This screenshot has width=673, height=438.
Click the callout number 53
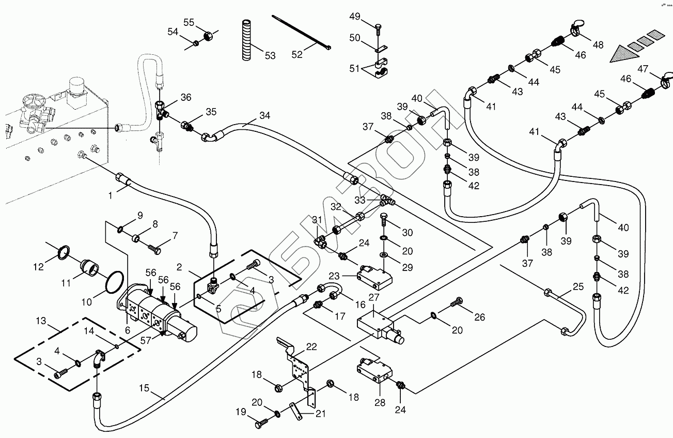coord(270,55)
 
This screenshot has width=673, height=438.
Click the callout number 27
coord(374,297)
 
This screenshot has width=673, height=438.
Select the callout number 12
coord(38,267)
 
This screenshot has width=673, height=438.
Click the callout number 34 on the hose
coord(264,115)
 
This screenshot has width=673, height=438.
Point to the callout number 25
coord(578,286)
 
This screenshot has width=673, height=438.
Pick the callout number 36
coord(186,97)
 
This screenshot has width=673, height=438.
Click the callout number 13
coord(41,321)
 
